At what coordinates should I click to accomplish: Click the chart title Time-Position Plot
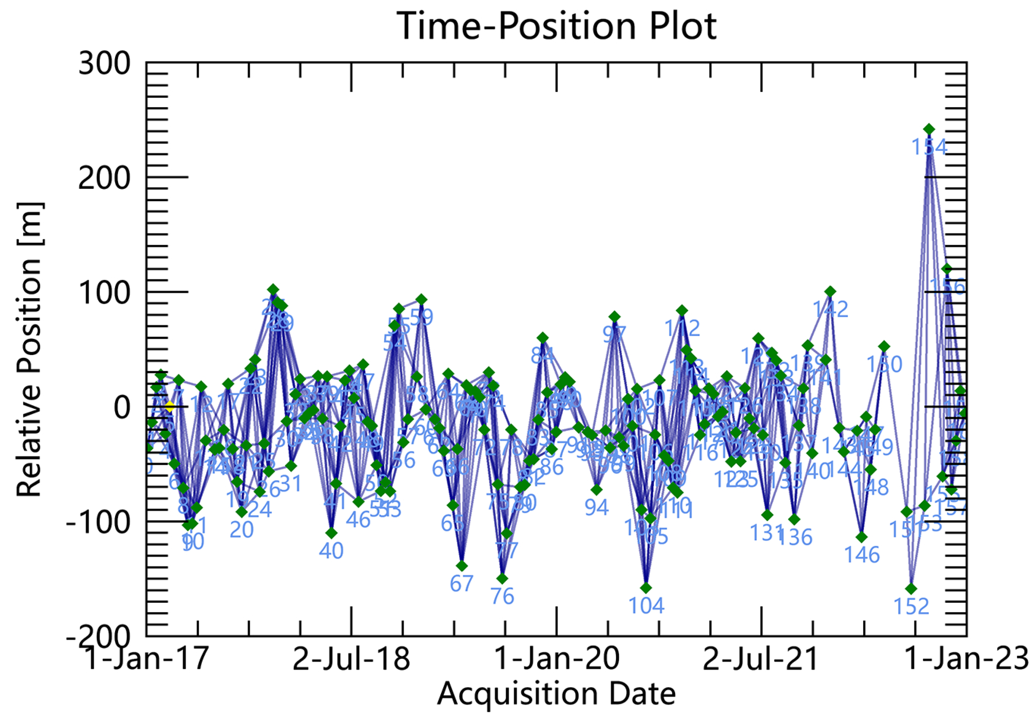tap(557, 26)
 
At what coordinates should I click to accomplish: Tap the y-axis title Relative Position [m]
tap(30, 350)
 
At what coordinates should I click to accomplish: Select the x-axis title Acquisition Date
tap(557, 693)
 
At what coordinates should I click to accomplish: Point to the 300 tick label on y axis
tap(104, 63)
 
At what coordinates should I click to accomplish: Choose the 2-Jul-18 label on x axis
tap(351, 660)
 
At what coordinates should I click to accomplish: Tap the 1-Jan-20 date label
tap(557, 660)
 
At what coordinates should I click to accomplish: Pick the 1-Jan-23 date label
tap(966, 660)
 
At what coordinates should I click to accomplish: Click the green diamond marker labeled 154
tap(929, 129)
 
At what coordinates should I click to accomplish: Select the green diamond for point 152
tap(912, 589)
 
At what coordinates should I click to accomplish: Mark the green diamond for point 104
tap(646, 588)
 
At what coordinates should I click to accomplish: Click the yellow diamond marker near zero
tap(169, 407)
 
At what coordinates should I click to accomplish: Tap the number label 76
tap(502, 597)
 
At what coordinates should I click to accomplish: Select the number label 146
tap(862, 555)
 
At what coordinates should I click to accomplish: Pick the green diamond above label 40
tap(331, 533)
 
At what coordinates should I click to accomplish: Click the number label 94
tap(597, 508)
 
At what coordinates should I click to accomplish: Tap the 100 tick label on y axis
tap(104, 292)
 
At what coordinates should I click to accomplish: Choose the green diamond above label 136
tap(794, 519)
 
